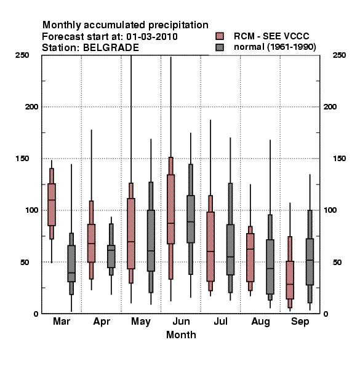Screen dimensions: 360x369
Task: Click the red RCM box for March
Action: coord(52,204)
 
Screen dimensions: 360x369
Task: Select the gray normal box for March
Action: coord(71,263)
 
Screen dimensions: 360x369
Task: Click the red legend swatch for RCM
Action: coord(220,36)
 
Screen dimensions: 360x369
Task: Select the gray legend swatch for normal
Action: coord(220,47)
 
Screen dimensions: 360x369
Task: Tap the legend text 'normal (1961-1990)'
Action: coord(274,47)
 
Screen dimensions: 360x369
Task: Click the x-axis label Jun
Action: coord(181,321)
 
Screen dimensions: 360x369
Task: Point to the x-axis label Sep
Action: coord(300,322)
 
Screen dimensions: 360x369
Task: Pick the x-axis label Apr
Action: coord(102,322)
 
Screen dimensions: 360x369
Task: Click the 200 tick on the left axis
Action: coord(31,106)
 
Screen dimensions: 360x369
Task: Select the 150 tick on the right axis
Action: coord(339,159)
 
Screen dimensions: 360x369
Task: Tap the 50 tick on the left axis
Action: coord(25,262)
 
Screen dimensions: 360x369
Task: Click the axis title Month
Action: coord(181,335)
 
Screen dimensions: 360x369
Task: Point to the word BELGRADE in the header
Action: coord(111,48)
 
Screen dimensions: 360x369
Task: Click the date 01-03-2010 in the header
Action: coord(152,37)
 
